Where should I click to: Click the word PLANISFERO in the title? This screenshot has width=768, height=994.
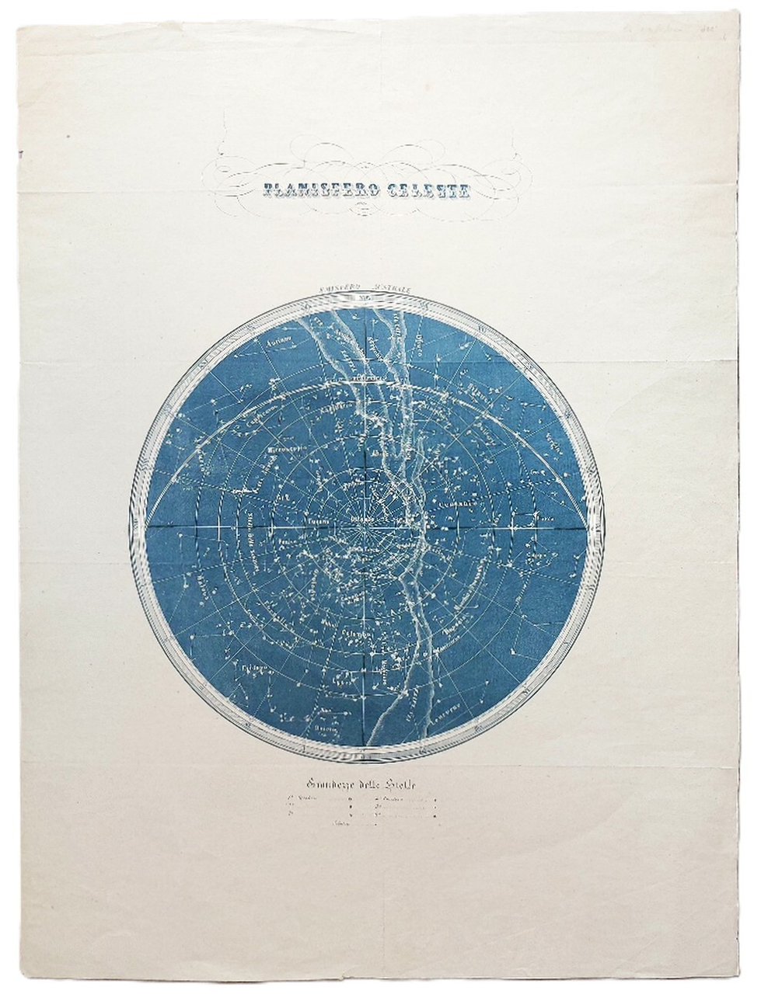[x=311, y=189]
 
